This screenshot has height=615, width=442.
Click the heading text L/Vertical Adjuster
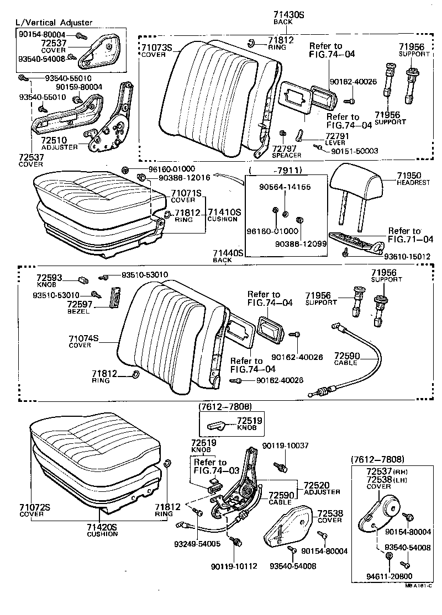[x=54, y=23]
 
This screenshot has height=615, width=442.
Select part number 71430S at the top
[x=289, y=14]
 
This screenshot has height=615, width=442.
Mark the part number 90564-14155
[x=285, y=187]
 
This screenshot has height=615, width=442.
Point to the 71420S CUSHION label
[x=102, y=529]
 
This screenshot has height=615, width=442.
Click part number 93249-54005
[x=197, y=544]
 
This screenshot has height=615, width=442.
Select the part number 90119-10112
[x=234, y=566]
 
